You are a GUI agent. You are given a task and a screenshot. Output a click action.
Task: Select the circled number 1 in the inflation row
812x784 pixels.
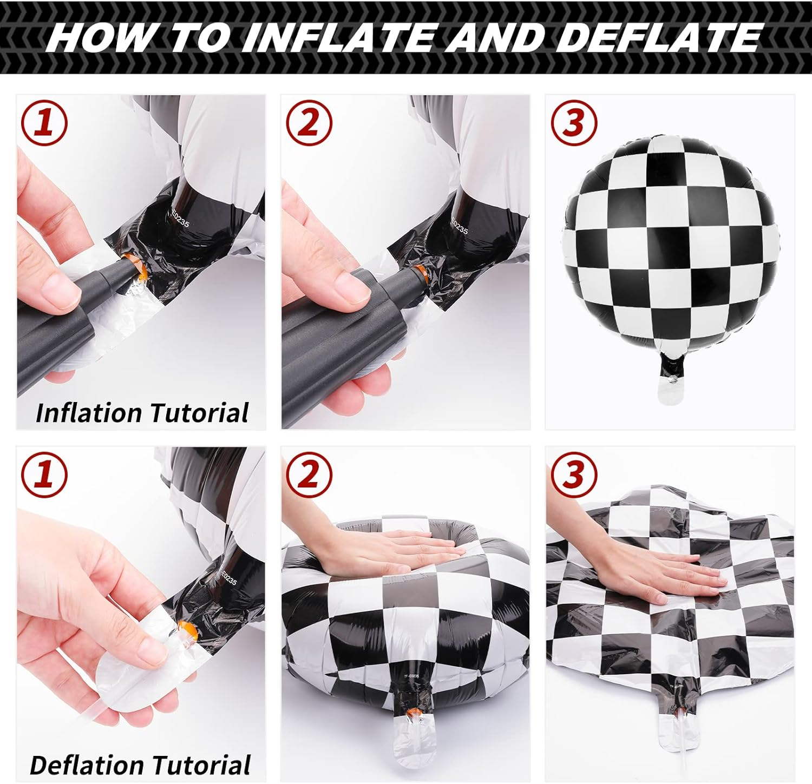click(44, 122)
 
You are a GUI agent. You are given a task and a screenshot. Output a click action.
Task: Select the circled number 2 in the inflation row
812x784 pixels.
click(309, 122)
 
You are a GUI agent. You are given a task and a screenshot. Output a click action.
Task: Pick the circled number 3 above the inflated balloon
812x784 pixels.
click(574, 122)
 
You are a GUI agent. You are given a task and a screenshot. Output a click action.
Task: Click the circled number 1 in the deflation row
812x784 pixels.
click(44, 474)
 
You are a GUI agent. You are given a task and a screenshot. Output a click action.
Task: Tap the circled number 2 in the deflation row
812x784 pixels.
click(309, 474)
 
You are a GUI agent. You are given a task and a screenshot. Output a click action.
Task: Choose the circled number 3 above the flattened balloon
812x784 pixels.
click(574, 474)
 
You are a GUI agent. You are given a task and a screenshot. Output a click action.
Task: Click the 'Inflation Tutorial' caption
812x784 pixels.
click(142, 413)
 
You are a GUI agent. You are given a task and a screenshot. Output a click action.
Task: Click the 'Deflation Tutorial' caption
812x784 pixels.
click(140, 765)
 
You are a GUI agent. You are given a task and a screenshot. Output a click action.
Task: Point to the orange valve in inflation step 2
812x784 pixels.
click(419, 274)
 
